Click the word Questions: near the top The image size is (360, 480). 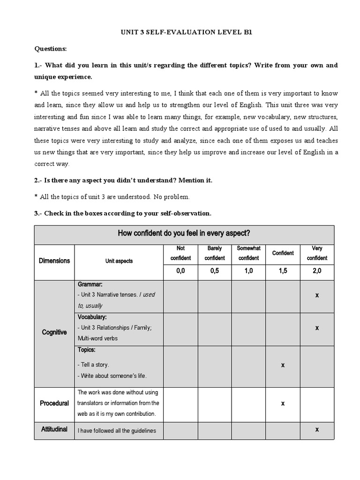51,48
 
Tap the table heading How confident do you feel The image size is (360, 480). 184,233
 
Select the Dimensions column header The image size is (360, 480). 54,261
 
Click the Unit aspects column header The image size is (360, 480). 119,261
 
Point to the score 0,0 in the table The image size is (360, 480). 180,271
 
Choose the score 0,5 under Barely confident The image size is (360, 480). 215,271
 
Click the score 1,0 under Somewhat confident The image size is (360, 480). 248,271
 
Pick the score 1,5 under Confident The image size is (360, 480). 283,271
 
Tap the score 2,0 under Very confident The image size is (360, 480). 317,271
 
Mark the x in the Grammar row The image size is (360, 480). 317,295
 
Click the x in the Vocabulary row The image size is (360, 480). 317,328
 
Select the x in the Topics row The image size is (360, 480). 283,365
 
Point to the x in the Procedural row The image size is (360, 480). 283,403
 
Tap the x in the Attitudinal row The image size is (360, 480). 317,429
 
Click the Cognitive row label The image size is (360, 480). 54,332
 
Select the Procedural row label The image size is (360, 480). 54,403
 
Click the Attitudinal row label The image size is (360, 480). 54,429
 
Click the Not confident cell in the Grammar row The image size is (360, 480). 180,296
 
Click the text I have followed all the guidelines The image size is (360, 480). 117,431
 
